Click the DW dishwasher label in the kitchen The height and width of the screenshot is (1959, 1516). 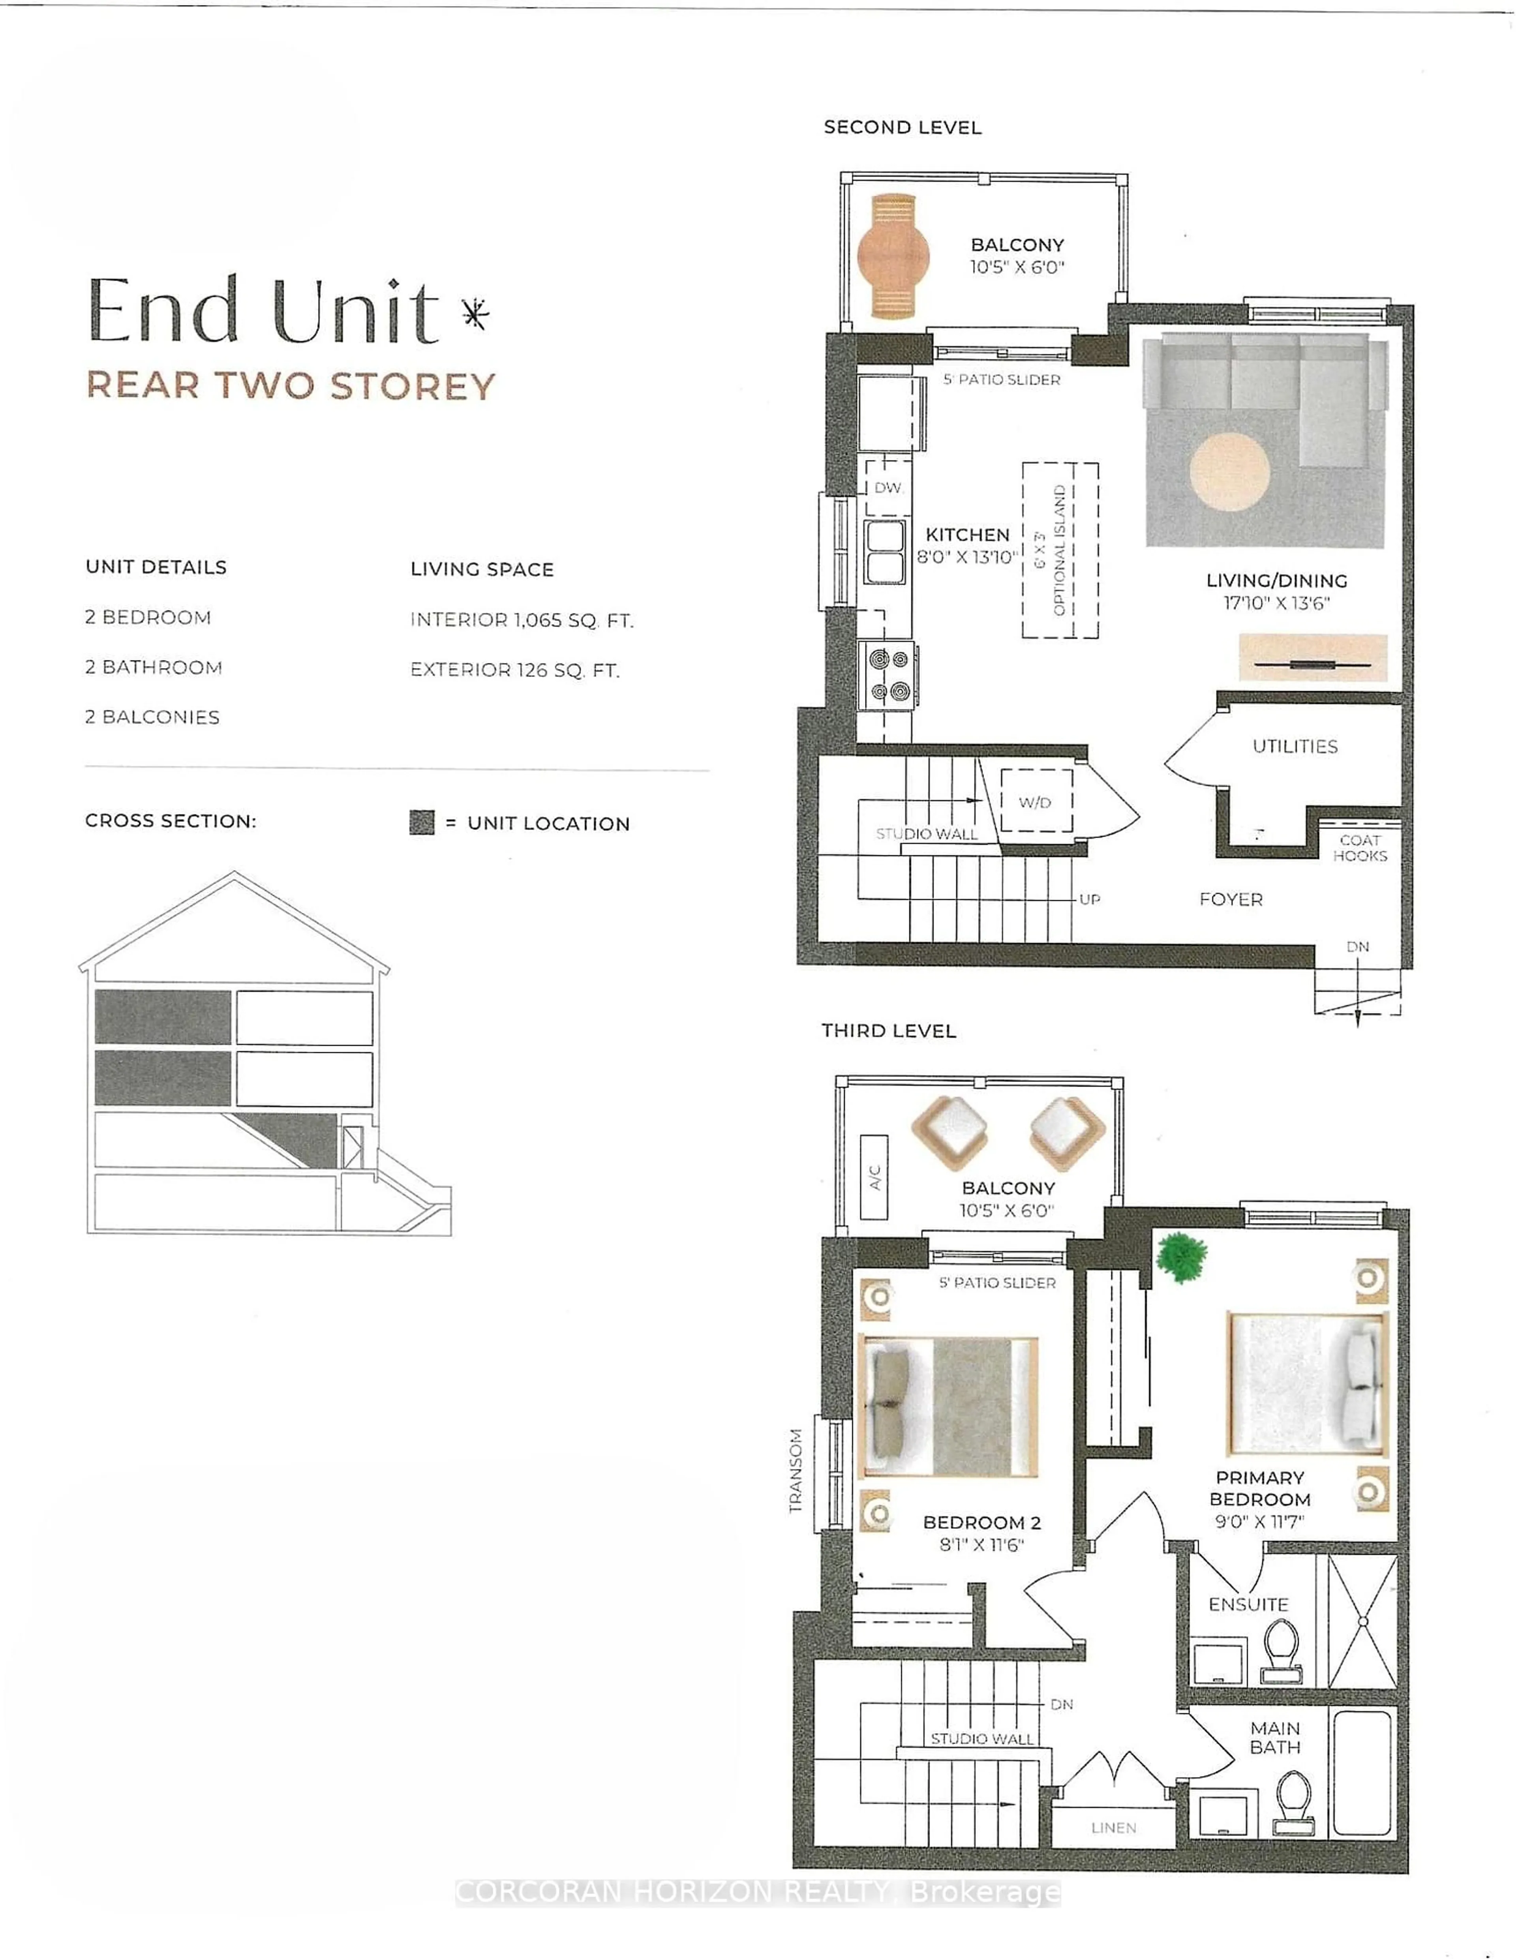click(x=887, y=488)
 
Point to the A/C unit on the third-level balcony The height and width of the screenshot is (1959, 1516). click(x=874, y=1177)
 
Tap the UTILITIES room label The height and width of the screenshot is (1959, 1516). click(x=1295, y=746)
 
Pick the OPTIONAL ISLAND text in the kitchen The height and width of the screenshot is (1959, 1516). click(x=1059, y=550)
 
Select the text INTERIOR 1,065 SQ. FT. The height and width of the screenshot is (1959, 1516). click(x=521, y=620)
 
